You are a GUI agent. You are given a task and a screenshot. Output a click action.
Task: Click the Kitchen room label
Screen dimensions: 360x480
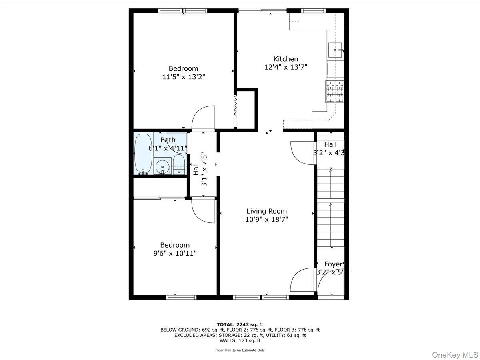click(286, 59)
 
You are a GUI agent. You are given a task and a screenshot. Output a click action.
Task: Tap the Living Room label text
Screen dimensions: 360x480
click(266, 211)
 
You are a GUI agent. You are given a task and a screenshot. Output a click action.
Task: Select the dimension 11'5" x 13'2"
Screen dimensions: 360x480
click(184, 77)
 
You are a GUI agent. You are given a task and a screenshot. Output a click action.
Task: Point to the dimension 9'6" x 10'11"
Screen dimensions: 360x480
click(175, 253)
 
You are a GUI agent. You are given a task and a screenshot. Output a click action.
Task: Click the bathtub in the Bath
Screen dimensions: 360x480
click(143, 154)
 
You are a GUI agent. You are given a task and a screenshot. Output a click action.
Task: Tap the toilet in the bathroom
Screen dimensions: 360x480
click(179, 165)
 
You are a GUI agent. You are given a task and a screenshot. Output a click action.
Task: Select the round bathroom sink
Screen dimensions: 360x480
click(162, 166)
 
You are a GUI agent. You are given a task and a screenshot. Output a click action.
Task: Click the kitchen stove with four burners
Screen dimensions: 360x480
click(335, 91)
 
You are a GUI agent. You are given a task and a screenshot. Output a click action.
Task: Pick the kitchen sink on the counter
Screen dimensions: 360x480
click(335, 50)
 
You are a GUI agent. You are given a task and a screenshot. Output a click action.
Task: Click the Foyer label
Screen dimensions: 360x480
click(333, 264)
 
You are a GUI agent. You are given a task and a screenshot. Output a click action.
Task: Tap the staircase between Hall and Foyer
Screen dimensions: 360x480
click(330, 208)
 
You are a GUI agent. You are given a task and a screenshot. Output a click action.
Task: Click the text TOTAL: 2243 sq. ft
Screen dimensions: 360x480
click(240, 324)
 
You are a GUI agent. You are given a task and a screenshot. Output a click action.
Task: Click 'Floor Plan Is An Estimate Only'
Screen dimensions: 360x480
click(240, 350)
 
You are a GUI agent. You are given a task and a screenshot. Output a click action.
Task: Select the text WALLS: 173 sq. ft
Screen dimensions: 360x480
click(240, 341)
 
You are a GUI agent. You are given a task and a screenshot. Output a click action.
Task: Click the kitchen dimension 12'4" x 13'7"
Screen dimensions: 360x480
click(286, 67)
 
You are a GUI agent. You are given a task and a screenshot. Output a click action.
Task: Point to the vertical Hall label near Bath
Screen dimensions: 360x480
click(196, 169)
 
